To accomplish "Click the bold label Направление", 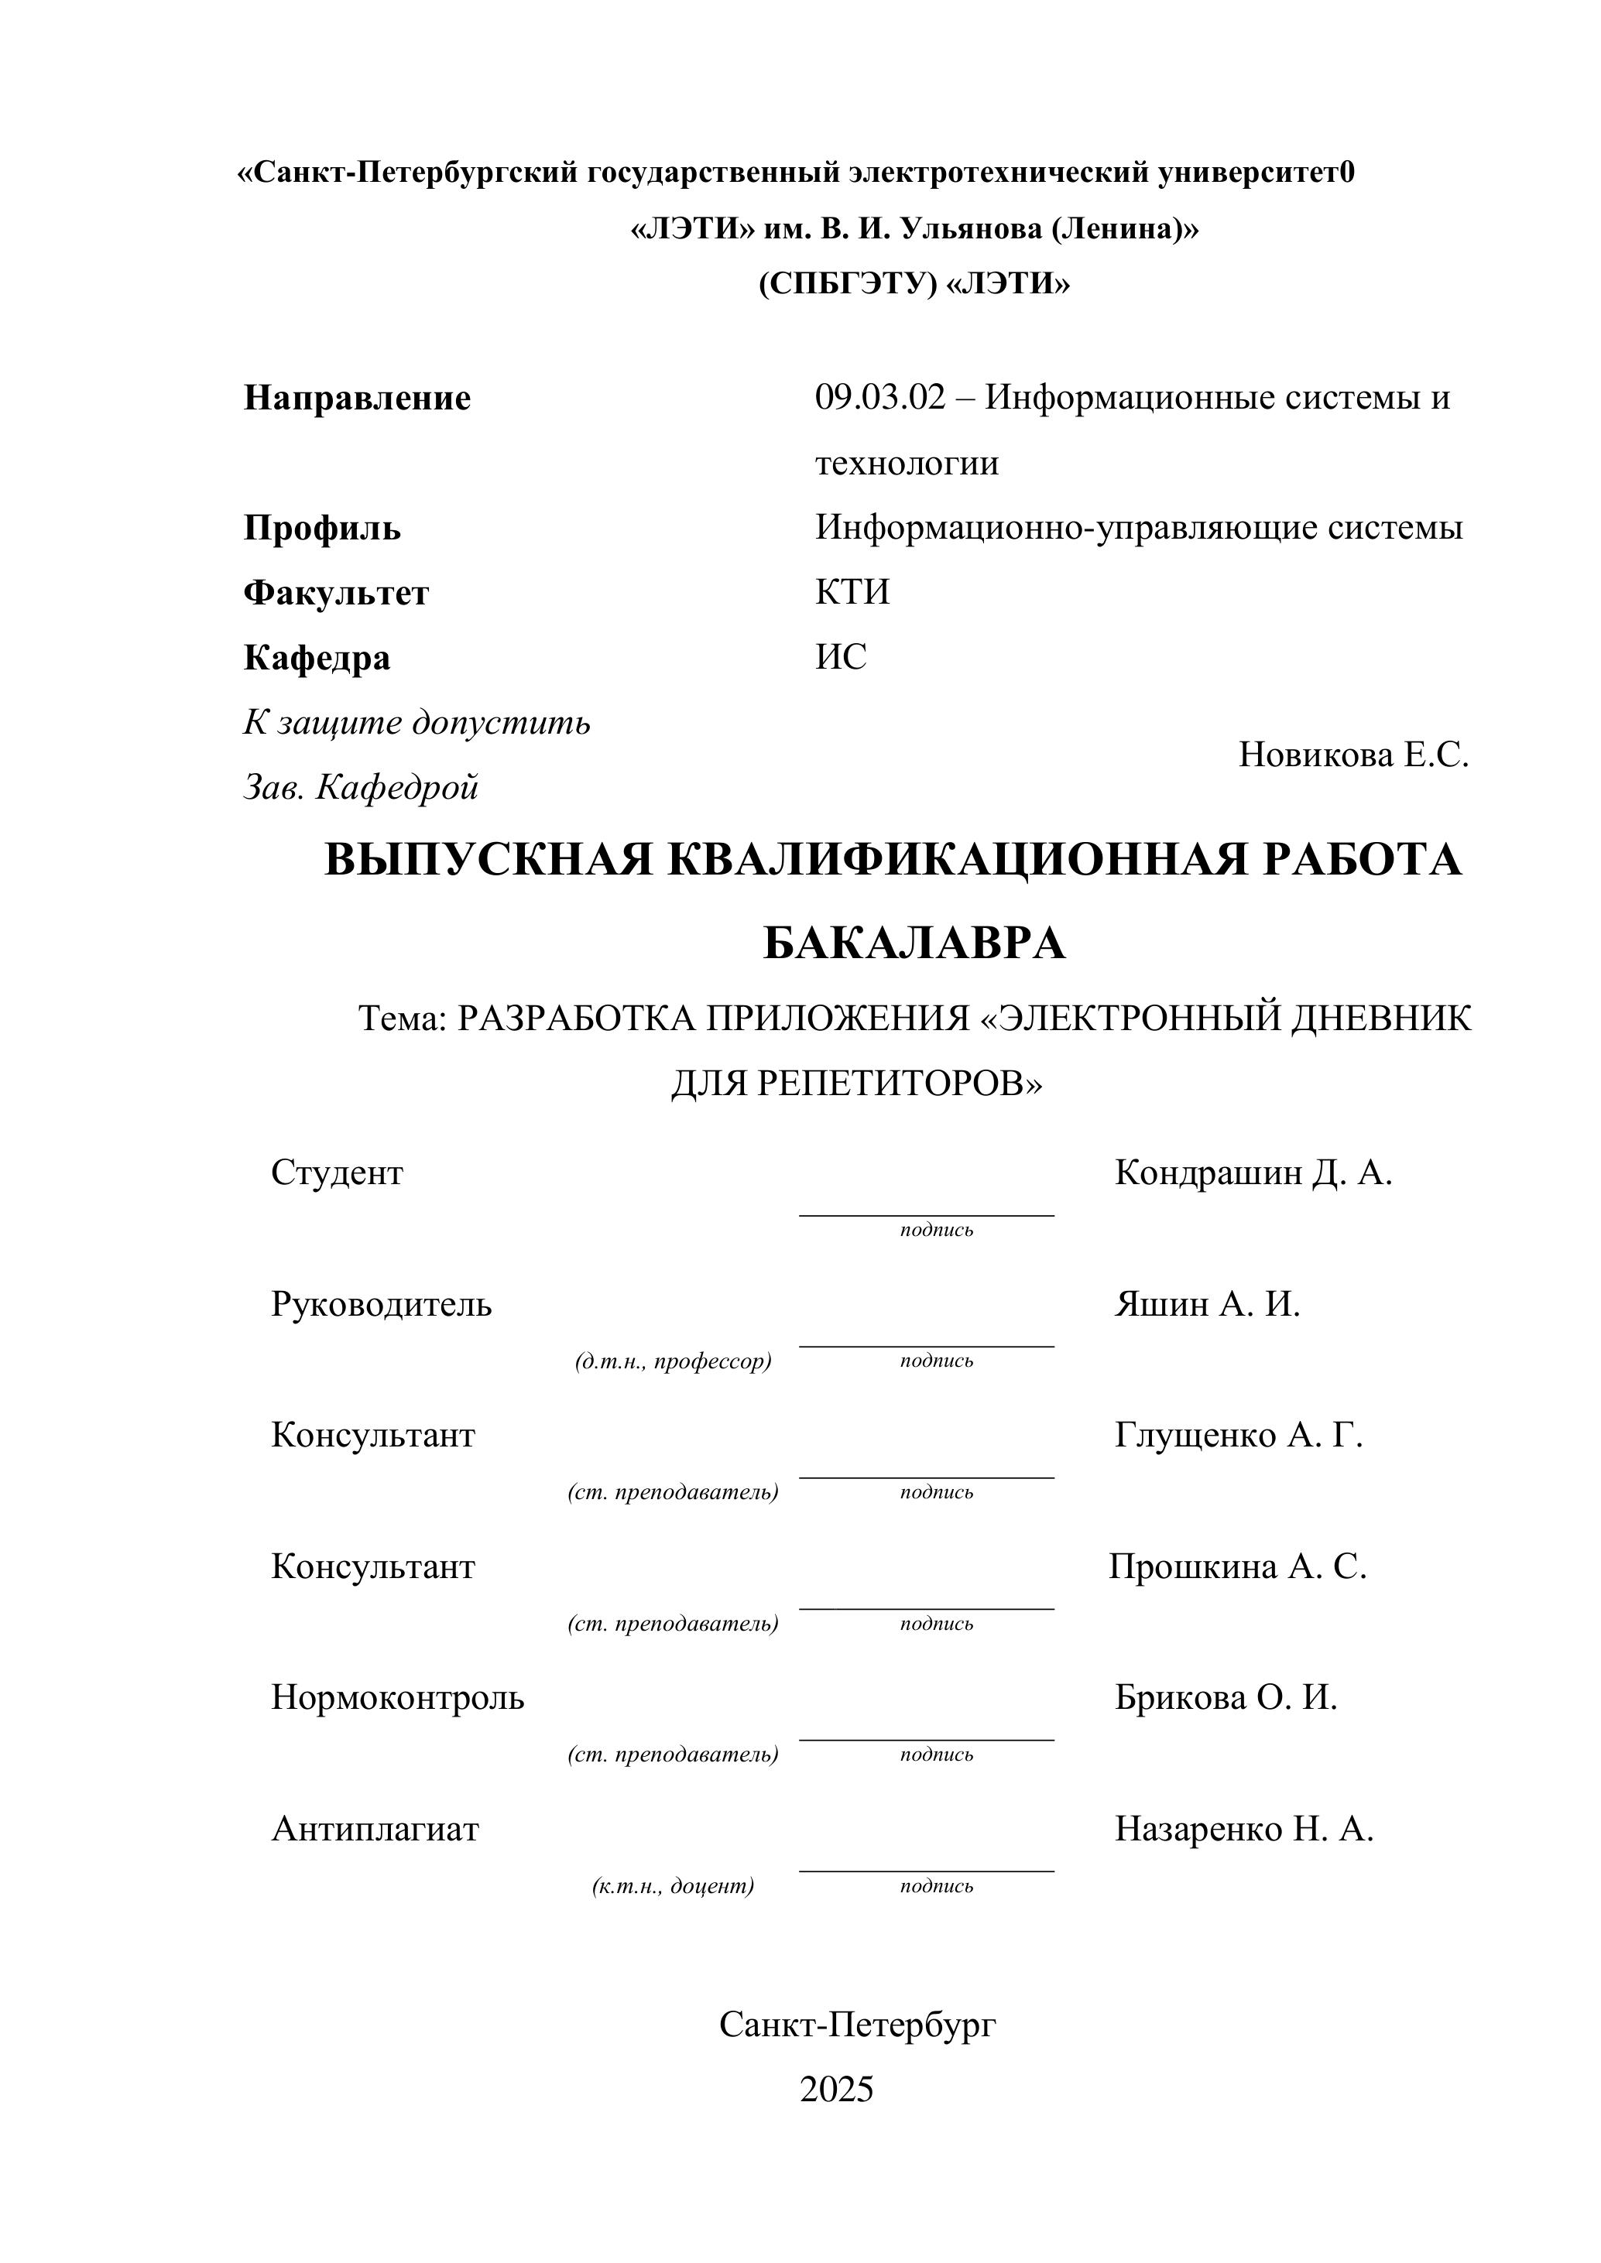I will [x=357, y=399].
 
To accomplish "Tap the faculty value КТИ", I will [x=852, y=592].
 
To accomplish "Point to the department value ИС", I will [x=841, y=656].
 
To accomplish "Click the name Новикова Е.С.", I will [x=1352, y=755].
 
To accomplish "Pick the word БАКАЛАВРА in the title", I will [x=914, y=943].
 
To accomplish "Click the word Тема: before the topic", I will [x=403, y=1019].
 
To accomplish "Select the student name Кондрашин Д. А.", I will [x=1253, y=1173].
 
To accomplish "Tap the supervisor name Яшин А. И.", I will [x=1207, y=1304].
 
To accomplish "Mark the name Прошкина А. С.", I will [x=1237, y=1566].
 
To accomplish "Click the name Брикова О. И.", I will [x=1226, y=1697].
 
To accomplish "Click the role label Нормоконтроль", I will [x=397, y=1697].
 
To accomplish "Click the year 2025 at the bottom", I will [x=836, y=2090].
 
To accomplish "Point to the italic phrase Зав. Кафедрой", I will [x=361, y=788].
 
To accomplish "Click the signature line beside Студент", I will [x=926, y=1215].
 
